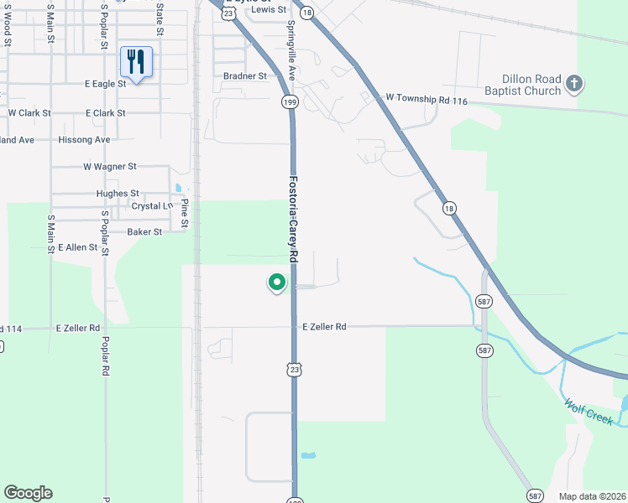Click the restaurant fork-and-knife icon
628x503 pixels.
pyautogui.click(x=136, y=61)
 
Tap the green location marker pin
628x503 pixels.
pyautogui.click(x=276, y=283)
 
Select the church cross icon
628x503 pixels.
pyautogui.click(x=574, y=83)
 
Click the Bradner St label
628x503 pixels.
pyautogui.click(x=244, y=75)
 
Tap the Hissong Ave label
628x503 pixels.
pyautogui.click(x=84, y=139)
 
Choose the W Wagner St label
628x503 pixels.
pyautogui.click(x=109, y=167)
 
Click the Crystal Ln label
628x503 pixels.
pyautogui.click(x=152, y=205)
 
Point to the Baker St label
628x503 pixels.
pyautogui.click(x=144, y=231)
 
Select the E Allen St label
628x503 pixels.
pyautogui.click(x=77, y=247)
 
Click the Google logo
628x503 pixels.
pyautogui.click(x=28, y=493)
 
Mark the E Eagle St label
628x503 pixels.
pyautogui.click(x=105, y=84)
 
